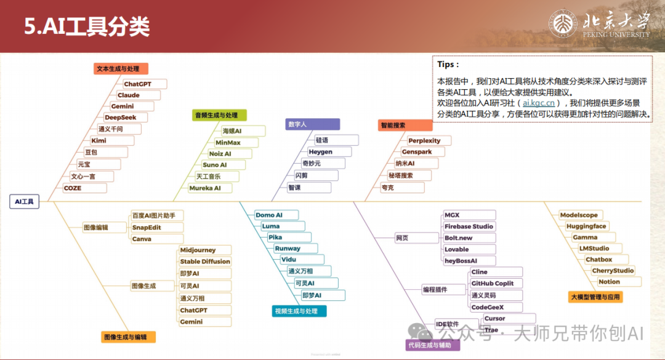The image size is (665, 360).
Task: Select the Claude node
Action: tap(129, 95)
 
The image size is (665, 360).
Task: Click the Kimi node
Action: tap(99, 140)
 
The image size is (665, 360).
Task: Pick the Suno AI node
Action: tap(215, 165)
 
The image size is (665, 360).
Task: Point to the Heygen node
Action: tap(320, 151)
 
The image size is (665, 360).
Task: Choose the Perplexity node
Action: tap(424, 141)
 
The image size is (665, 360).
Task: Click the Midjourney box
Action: tap(198, 250)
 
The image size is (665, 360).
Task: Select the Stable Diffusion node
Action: tap(205, 262)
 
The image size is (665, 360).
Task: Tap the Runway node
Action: tap(288, 249)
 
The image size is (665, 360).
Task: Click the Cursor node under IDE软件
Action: tap(494, 319)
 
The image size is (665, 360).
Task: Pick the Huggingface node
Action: tap(586, 226)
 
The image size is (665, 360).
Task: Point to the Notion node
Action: tap(609, 282)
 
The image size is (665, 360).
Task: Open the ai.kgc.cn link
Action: tap(539, 103)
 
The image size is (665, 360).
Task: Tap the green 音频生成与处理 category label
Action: tap(216, 115)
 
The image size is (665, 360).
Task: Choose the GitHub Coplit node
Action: tap(492, 284)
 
